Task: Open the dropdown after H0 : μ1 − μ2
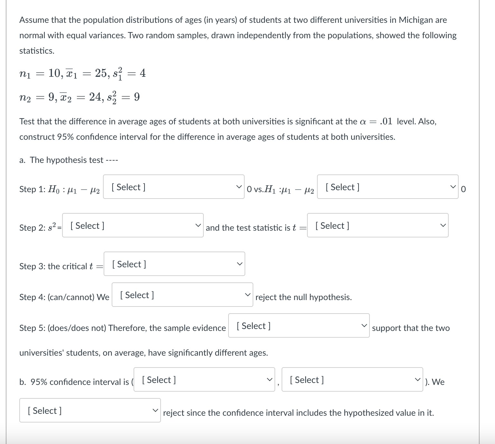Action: pos(173,187)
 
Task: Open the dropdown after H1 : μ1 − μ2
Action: pos(388,187)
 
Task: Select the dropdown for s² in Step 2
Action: pos(133,226)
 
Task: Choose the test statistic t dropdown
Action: pos(378,226)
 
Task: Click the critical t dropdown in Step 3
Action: pos(174,264)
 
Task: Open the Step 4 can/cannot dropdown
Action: pos(182,295)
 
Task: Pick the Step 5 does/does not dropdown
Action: pos(299,326)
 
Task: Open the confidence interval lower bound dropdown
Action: pos(204,380)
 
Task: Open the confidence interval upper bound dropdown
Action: pos(352,380)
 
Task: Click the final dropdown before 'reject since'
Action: pos(90,411)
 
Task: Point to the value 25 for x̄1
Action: pos(102,73)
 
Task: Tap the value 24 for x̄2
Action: pos(96,97)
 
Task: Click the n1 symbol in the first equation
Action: pos(25,74)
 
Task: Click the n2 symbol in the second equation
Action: pos(25,98)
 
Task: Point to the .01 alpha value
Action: pos(386,121)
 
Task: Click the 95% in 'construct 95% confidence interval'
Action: pos(65,137)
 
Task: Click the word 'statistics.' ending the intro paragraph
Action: pos(37,51)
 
